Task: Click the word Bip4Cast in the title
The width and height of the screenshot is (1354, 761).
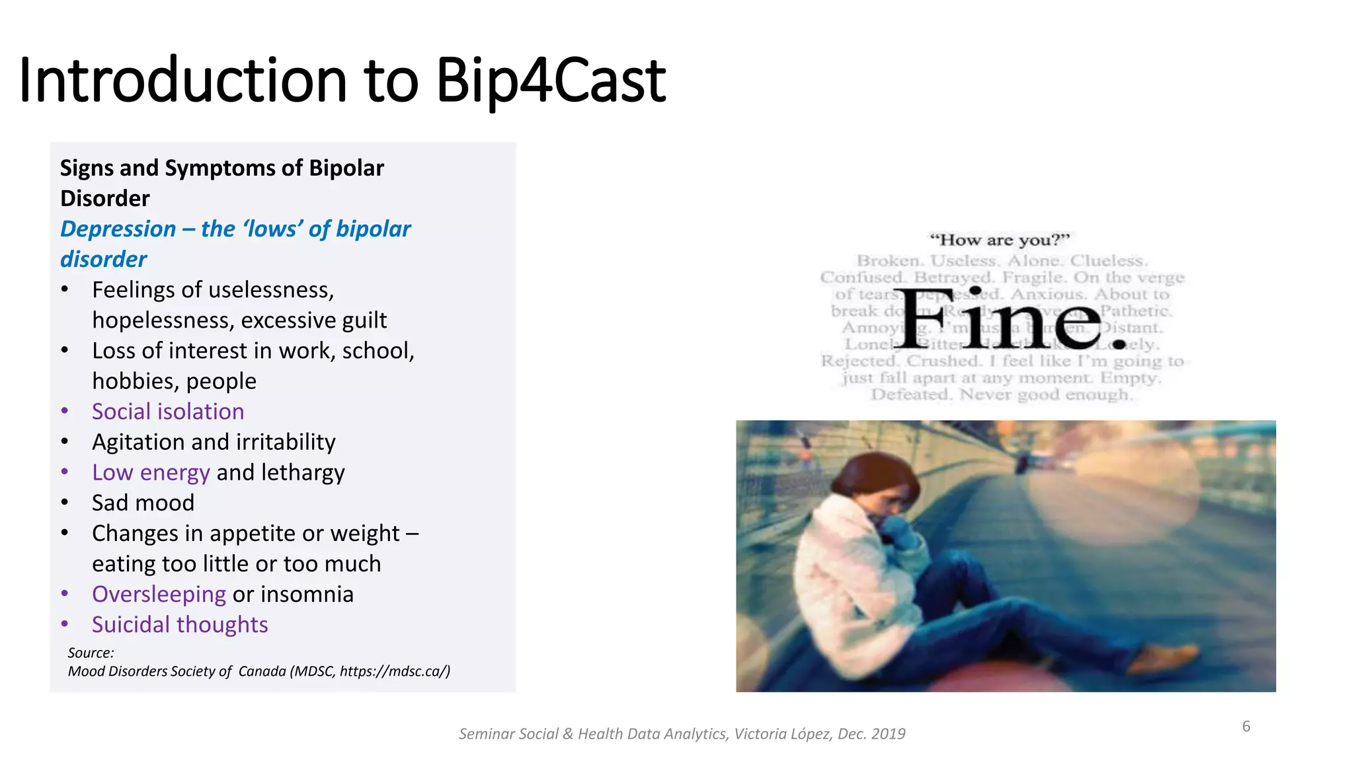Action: coord(551,81)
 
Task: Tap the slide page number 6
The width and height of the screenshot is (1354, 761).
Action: coord(1246,727)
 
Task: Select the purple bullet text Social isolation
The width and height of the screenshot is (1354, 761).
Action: coord(168,412)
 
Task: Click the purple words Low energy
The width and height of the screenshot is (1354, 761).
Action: coord(151,472)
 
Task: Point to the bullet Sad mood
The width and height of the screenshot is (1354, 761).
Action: coord(143,503)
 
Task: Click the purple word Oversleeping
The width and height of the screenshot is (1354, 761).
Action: coord(159,595)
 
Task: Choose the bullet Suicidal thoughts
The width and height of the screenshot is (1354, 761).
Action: coord(180,625)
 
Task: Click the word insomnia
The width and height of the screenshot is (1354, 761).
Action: coord(307,595)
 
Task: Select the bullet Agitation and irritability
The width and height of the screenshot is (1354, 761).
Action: coord(214,442)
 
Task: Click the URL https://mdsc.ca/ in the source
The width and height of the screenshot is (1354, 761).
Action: coord(394,671)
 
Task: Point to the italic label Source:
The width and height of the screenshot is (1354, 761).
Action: coord(91,653)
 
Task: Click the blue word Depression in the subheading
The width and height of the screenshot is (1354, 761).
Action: coord(118,229)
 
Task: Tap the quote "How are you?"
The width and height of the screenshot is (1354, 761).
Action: coord(999,240)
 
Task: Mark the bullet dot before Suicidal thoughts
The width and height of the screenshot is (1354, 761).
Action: coord(65,624)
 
